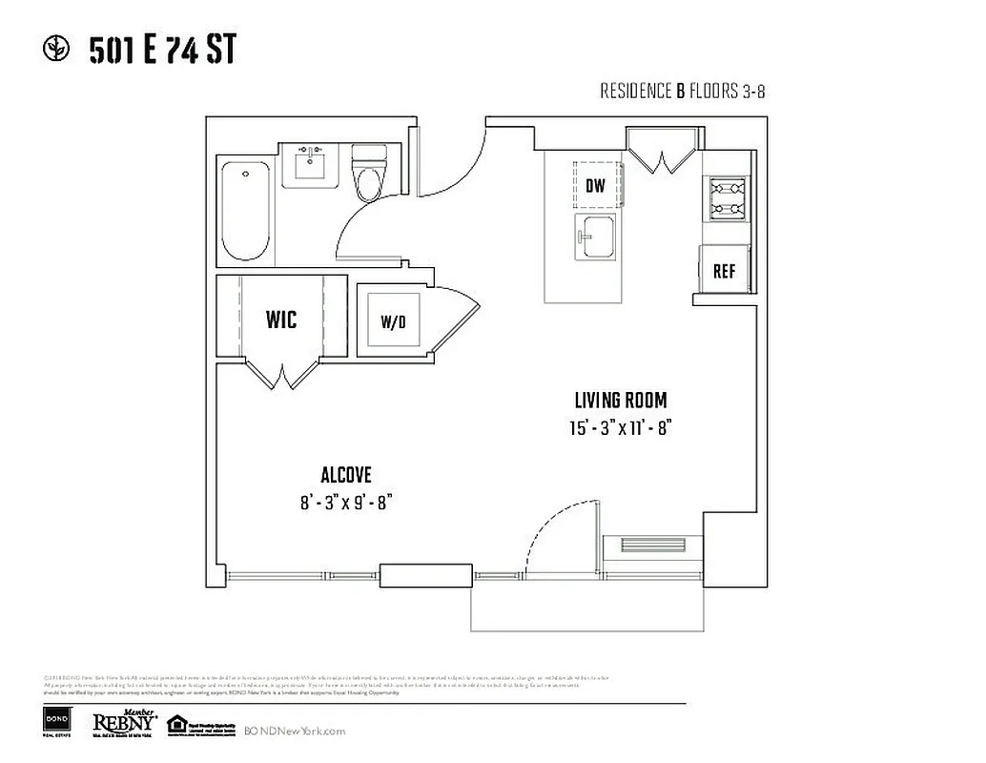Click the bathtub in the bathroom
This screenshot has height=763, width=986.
[x=245, y=211]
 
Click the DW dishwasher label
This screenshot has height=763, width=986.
[x=595, y=186]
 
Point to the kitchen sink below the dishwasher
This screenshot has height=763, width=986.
[x=595, y=236]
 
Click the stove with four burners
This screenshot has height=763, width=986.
[x=726, y=198]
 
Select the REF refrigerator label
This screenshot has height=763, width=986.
[x=725, y=271]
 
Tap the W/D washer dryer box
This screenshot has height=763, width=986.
[x=393, y=321]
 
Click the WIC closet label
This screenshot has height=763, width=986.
[x=280, y=319]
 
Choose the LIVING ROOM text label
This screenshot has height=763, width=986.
[x=620, y=401]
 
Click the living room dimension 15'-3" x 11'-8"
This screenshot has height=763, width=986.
[x=620, y=428]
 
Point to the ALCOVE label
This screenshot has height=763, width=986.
[x=345, y=475]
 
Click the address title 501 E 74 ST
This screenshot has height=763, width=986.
[x=161, y=50]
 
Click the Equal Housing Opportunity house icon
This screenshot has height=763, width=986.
[x=176, y=724]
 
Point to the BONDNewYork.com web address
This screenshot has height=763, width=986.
[x=295, y=731]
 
